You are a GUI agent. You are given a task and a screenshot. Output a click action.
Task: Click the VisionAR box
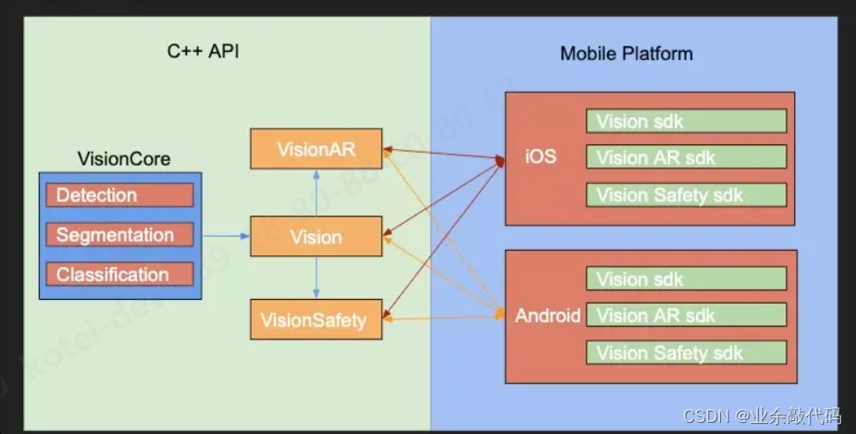click(316, 149)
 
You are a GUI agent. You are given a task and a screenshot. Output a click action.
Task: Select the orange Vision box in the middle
click(316, 237)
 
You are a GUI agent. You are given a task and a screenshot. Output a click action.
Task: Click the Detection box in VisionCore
click(120, 195)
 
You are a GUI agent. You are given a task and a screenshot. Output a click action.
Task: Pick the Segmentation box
click(120, 235)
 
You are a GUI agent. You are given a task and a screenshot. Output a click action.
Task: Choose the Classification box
click(120, 275)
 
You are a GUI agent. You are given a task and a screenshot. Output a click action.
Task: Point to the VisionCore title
click(123, 159)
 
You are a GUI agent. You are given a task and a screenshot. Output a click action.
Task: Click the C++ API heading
click(203, 52)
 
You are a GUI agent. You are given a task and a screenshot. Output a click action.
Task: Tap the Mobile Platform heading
click(626, 53)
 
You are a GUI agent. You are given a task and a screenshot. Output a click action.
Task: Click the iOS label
click(540, 156)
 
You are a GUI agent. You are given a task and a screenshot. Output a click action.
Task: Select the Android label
click(548, 316)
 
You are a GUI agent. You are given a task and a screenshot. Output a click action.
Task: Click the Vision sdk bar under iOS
click(686, 121)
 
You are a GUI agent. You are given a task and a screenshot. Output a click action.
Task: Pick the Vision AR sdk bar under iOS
click(686, 157)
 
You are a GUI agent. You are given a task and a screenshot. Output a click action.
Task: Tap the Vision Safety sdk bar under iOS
click(686, 194)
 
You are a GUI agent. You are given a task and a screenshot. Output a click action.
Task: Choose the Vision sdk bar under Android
click(686, 279)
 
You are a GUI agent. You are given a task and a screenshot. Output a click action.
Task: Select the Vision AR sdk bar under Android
click(686, 315)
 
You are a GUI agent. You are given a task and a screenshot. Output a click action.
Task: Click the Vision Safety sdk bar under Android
click(686, 353)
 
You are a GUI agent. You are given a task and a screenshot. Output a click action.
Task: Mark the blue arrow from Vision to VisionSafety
click(316, 279)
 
